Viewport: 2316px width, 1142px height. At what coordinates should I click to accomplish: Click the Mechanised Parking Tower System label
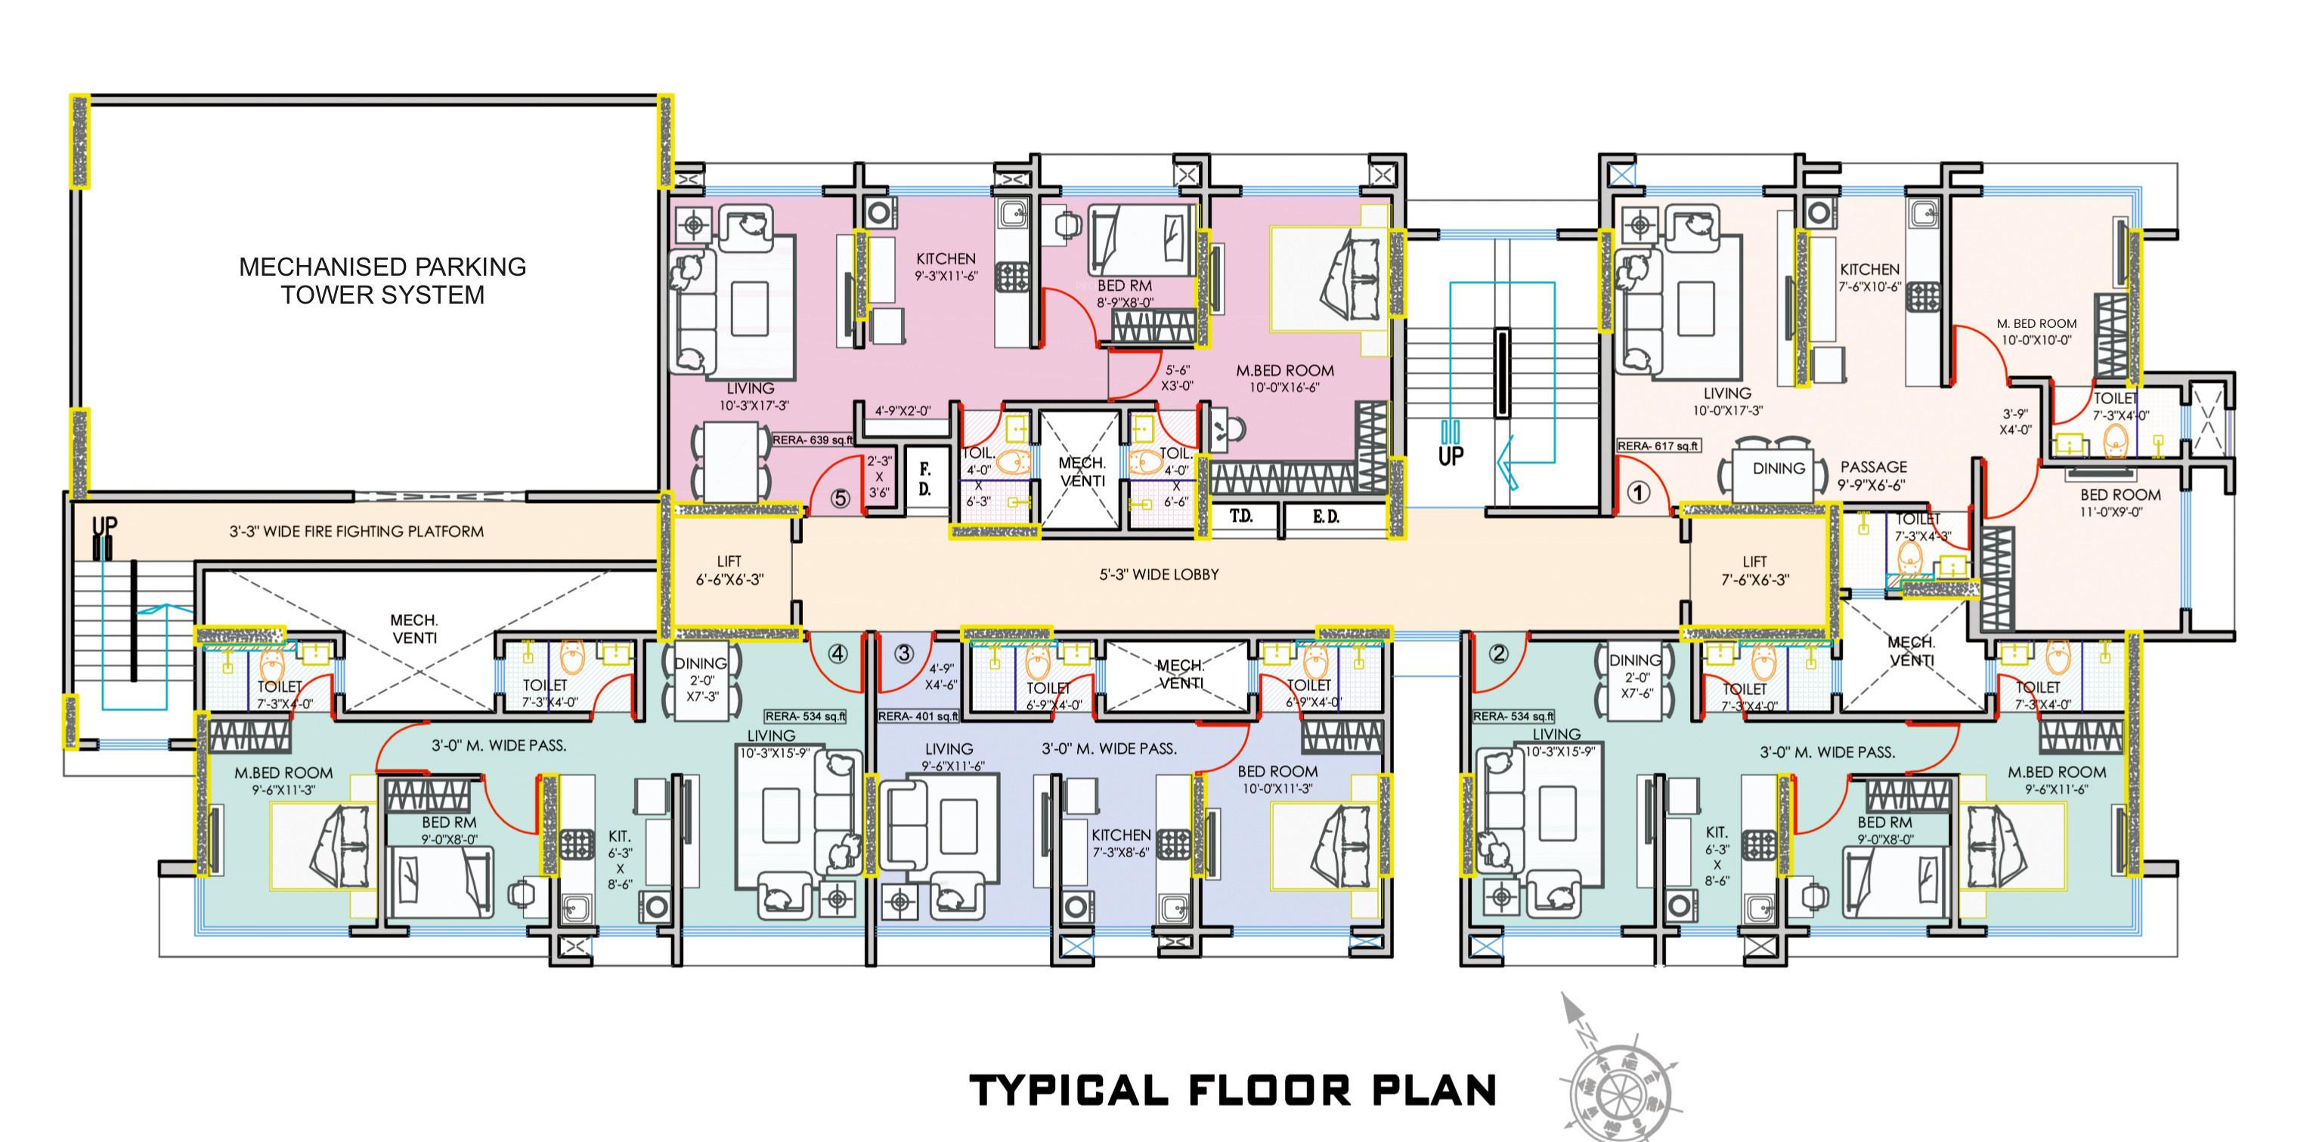click(x=382, y=280)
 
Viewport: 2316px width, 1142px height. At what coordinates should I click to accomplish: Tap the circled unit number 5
click(x=840, y=498)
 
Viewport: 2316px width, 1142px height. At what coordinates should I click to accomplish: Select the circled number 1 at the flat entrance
click(x=1639, y=492)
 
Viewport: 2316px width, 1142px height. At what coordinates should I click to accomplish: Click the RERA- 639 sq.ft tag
click(x=813, y=440)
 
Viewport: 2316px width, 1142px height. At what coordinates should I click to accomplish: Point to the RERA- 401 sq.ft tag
click(x=918, y=716)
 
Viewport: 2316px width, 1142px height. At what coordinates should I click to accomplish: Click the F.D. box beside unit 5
click(x=924, y=479)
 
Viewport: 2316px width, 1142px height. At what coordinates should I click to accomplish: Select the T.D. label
click(x=1242, y=517)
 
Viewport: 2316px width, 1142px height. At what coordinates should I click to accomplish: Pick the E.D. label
click(x=1325, y=517)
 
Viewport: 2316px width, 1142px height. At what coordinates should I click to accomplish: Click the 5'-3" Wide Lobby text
click(x=1159, y=574)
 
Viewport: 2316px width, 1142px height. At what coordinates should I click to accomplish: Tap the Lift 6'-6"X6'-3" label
click(x=729, y=570)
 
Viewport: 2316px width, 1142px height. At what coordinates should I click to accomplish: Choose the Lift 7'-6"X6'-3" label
click(x=1754, y=570)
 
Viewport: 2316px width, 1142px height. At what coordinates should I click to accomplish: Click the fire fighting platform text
click(x=356, y=531)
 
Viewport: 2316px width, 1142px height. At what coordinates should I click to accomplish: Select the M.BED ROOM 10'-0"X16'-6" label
click(x=1284, y=378)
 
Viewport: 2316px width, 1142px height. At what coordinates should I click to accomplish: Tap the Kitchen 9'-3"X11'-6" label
click(x=946, y=267)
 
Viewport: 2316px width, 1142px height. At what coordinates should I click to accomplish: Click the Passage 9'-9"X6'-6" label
click(x=1873, y=475)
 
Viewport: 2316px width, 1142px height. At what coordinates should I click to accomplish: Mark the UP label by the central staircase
click(x=1451, y=455)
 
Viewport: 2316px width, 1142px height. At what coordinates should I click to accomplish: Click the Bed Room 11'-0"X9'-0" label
click(x=2120, y=502)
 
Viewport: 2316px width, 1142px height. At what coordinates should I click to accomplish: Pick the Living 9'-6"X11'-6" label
click(x=949, y=757)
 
